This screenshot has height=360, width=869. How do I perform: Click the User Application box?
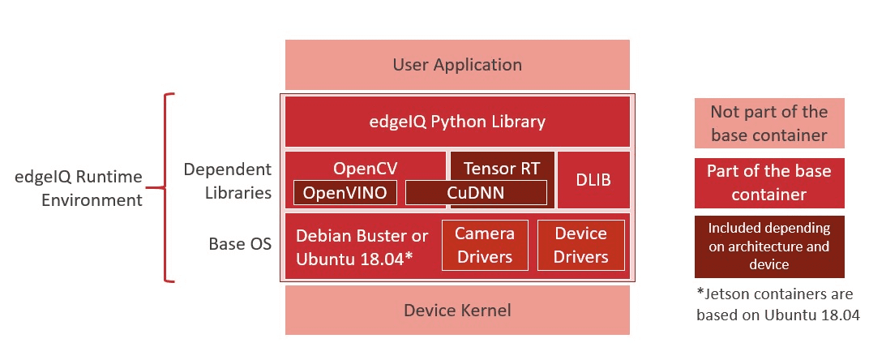click(x=457, y=65)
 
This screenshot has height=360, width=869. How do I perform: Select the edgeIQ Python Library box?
click(x=457, y=122)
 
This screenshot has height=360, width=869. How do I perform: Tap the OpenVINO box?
click(x=345, y=193)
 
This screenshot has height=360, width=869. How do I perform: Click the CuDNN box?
click(x=476, y=193)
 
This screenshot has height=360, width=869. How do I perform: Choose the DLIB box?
click(x=593, y=180)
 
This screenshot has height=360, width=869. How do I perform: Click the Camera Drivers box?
click(x=484, y=245)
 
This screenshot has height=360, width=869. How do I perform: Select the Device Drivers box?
click(x=580, y=245)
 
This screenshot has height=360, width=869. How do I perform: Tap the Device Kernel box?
click(x=457, y=310)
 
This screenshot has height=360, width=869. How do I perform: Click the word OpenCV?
click(x=364, y=168)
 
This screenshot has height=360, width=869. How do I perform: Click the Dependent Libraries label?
click(x=227, y=181)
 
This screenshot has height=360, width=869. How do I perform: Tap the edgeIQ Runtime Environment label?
click(x=79, y=188)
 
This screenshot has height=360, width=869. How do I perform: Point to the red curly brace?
click(x=168, y=188)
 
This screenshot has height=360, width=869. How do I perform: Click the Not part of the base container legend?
click(x=768, y=123)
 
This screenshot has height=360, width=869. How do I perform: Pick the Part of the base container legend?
click(x=768, y=182)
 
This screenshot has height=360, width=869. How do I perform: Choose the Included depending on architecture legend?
click(x=768, y=246)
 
